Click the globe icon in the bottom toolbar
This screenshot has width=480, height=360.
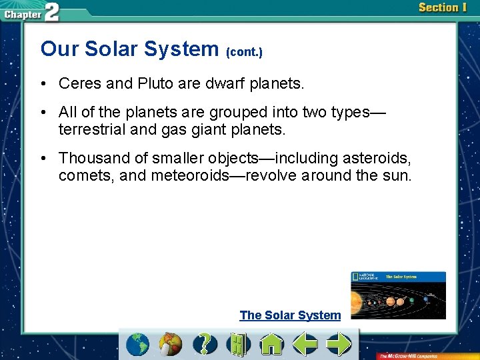click(x=139, y=344)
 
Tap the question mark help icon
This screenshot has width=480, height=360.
click(x=205, y=344)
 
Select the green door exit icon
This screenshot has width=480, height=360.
click(x=237, y=344)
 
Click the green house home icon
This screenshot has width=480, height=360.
click(x=271, y=344)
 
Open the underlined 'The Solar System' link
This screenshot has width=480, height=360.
click(x=290, y=315)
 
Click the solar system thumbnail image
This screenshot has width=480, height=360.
click(x=398, y=295)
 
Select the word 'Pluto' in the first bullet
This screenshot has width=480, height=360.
click(x=156, y=84)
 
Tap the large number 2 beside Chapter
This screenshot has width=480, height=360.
click(x=51, y=13)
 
